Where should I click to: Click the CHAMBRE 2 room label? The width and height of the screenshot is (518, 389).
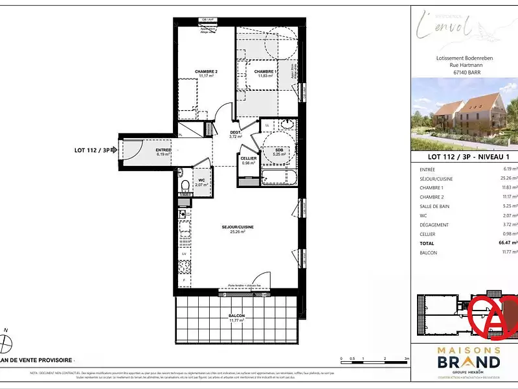(x=206, y=71)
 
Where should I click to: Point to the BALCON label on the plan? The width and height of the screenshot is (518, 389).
(x=236, y=316)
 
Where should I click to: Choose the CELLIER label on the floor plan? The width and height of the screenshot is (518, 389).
(x=249, y=159)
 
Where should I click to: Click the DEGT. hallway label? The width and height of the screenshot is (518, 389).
(x=235, y=132)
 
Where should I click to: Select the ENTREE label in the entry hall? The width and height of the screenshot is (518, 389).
(x=163, y=150)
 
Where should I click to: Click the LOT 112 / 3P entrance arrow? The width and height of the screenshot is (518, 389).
(x=114, y=150)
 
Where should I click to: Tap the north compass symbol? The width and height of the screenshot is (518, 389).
(x=6, y=338)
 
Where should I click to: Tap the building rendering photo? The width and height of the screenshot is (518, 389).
(x=464, y=113)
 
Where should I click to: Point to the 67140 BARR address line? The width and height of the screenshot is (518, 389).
(x=464, y=73)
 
